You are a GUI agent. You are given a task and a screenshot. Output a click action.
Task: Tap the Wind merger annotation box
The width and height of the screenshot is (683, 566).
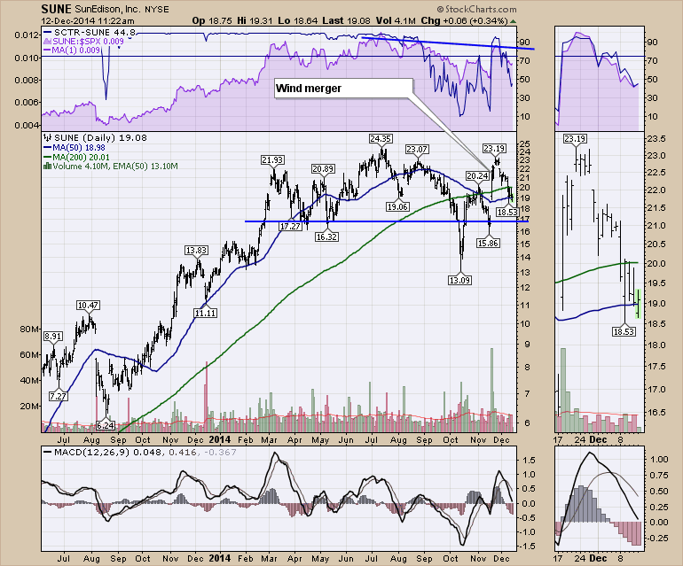308,89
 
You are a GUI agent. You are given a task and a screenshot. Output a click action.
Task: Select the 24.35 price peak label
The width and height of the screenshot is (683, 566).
381,139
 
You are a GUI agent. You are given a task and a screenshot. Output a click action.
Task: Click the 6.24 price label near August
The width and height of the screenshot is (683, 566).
106,425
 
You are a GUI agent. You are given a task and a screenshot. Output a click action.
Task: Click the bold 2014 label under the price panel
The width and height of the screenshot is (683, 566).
219,436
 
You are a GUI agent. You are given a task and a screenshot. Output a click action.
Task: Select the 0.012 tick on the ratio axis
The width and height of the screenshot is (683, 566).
25,36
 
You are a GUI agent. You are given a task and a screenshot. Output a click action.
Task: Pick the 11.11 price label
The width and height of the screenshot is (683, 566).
205,313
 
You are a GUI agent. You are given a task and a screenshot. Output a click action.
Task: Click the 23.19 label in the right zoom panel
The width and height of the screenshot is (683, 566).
575,139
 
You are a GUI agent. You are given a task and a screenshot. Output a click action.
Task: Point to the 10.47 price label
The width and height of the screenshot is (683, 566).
87,305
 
